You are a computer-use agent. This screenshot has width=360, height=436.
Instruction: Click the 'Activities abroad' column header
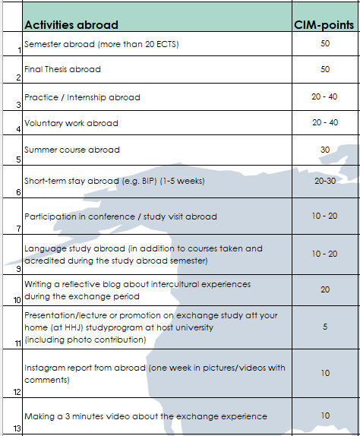76,25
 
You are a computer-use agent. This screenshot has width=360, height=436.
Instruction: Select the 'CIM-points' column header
324,25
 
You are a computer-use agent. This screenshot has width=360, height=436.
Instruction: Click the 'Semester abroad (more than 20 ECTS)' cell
102,44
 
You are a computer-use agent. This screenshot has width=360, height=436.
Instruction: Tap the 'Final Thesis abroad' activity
62,69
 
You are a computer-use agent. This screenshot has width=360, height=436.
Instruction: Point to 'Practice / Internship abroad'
82,97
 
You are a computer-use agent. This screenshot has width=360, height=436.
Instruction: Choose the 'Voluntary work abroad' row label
71,123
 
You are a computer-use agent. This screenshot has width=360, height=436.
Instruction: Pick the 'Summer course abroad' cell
71,150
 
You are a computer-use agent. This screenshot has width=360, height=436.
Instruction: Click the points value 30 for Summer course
325,150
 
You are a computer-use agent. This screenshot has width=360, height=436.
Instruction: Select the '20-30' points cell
325,182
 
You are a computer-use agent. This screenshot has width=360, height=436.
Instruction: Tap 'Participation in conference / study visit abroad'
121,216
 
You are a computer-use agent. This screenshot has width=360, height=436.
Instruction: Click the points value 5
325,327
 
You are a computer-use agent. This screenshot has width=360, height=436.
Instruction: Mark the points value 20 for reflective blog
325,289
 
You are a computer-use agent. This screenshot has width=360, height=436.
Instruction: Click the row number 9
17,268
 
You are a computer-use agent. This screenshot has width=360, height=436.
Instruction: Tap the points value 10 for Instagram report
325,374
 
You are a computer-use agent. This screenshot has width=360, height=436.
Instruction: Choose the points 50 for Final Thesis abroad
325,69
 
